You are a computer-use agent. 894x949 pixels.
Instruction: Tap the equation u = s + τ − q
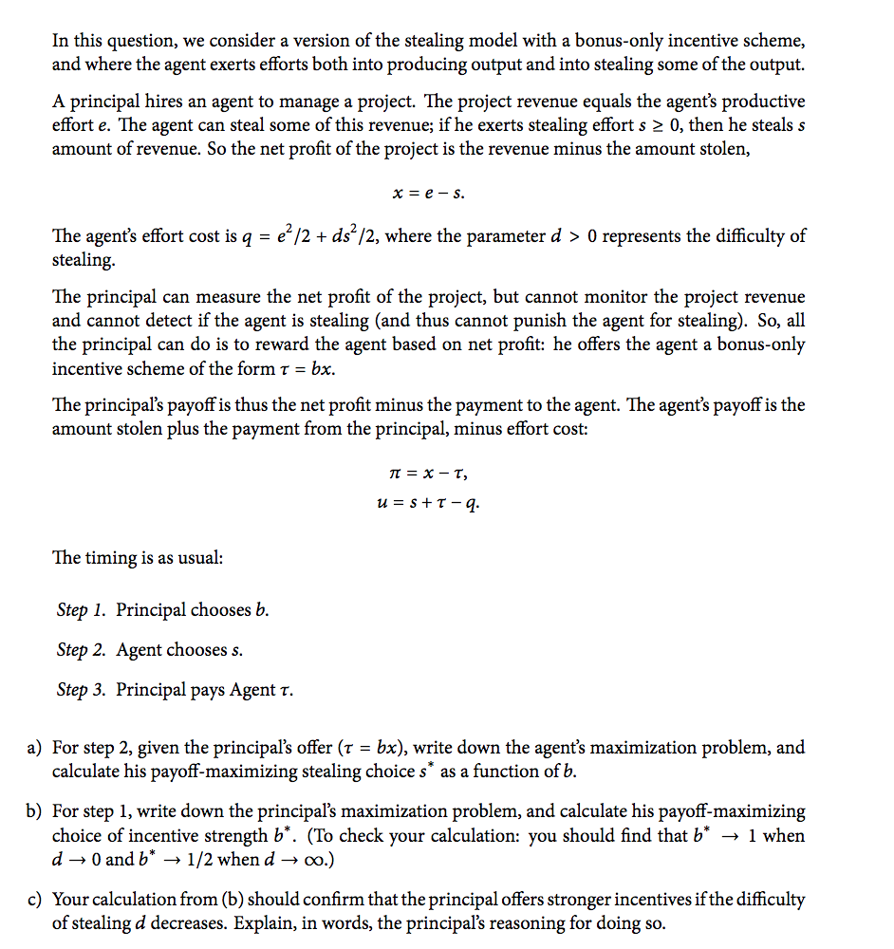click(x=429, y=503)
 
